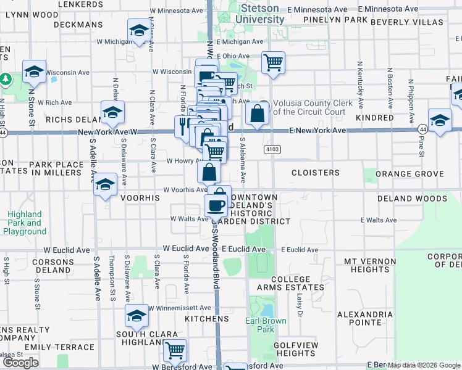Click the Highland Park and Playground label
pos(25,223)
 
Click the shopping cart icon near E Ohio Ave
pos(272,62)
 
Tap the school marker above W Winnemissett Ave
pos(136,316)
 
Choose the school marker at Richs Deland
pos(112,113)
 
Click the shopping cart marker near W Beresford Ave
pos(175,350)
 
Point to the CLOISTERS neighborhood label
pos(315,173)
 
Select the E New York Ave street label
pos(317,131)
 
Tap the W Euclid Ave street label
pos(185,248)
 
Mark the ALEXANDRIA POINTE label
pos(364,318)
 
